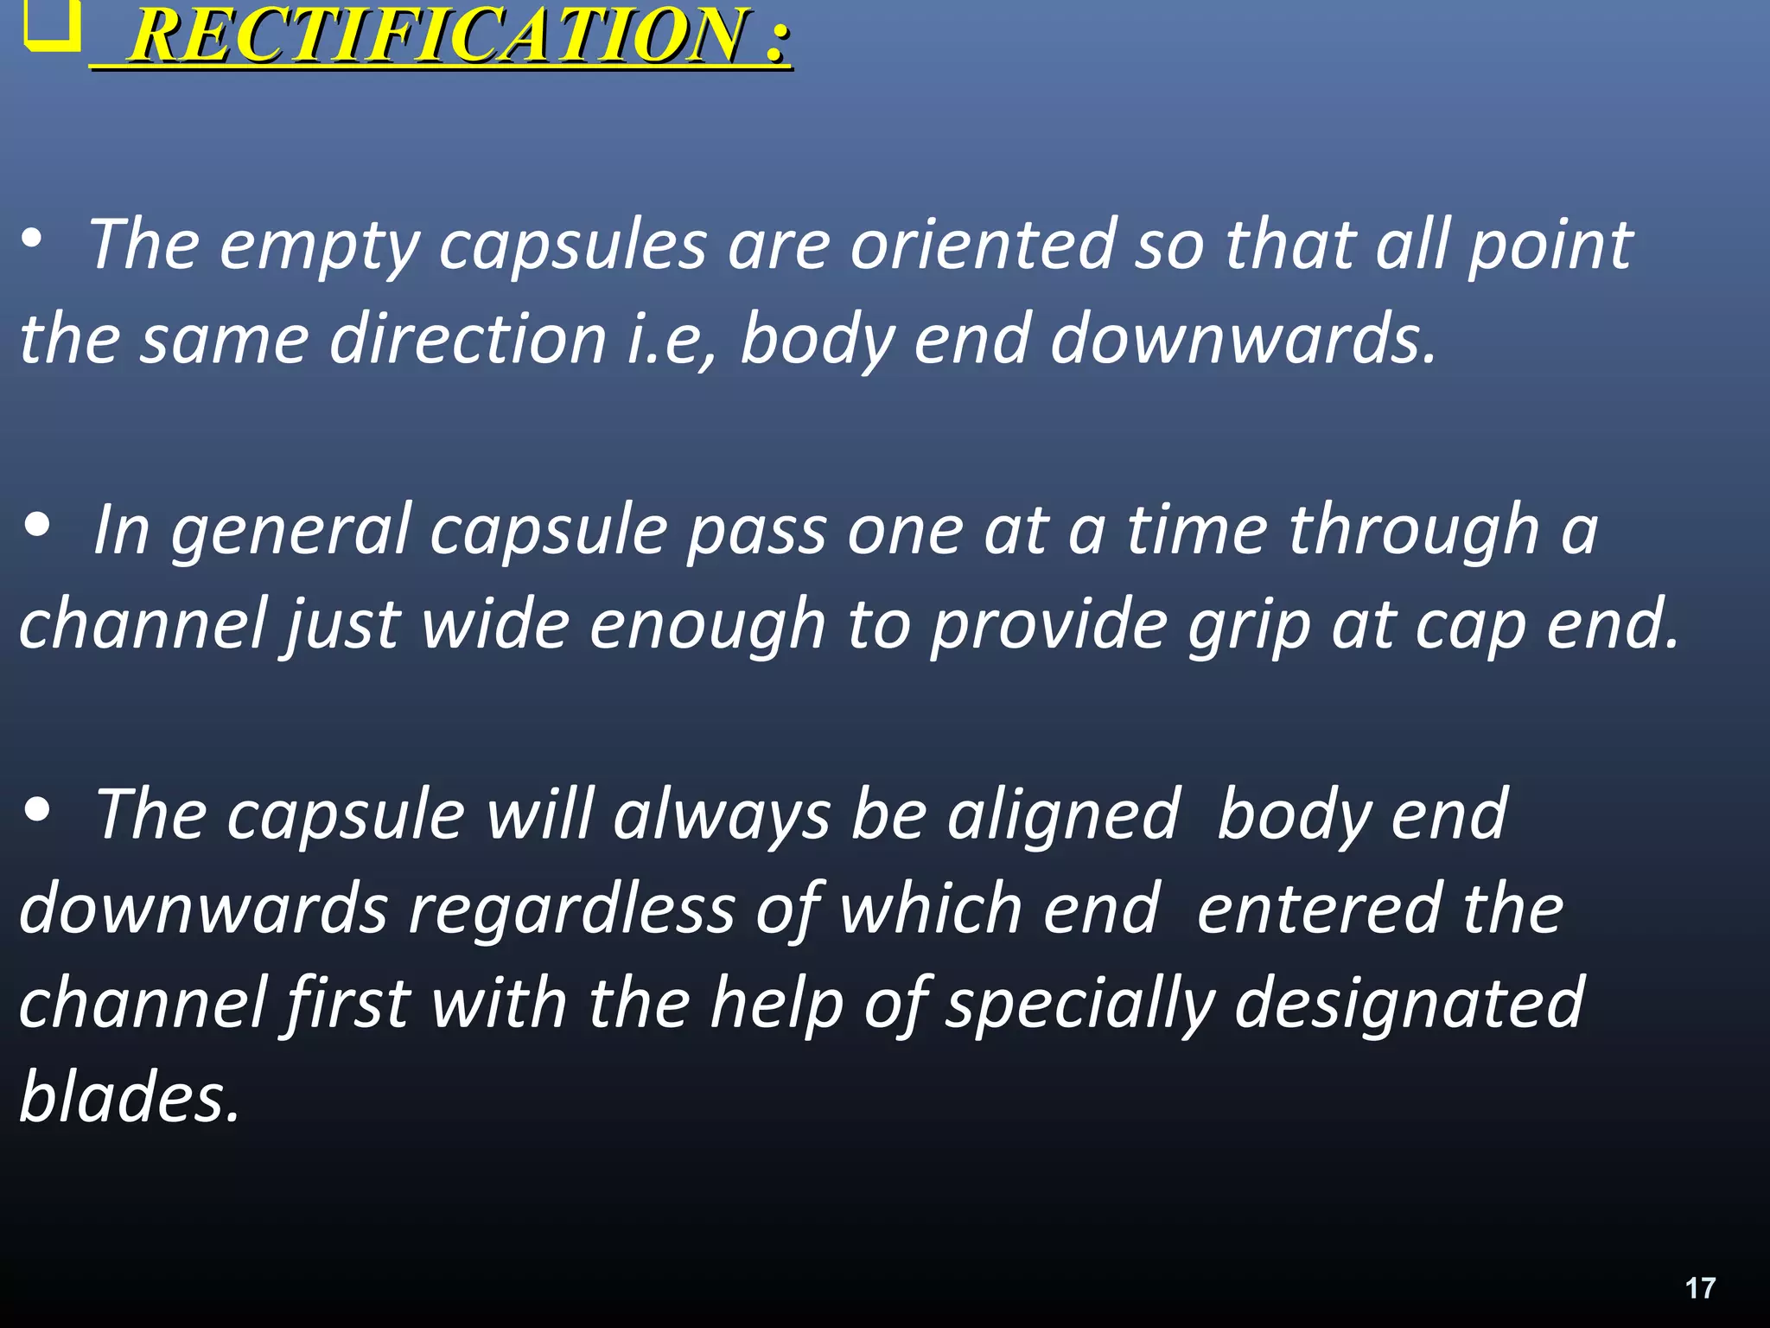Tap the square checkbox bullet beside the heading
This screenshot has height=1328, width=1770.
point(49,26)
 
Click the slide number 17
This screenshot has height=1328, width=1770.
point(1700,1288)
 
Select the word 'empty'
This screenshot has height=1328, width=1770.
point(320,247)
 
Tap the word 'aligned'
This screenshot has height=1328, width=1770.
point(1064,816)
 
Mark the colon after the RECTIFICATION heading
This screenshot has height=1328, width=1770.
point(777,39)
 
